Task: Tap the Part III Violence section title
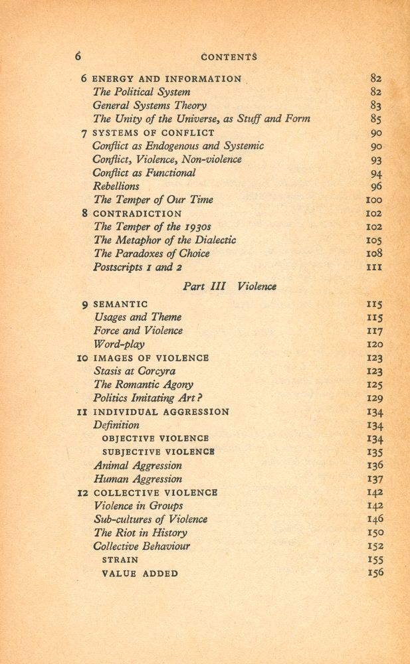point(229,286)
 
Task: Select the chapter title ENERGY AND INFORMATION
point(167,78)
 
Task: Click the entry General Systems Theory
point(150,106)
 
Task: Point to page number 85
point(375,120)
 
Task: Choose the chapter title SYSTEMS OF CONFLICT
point(154,133)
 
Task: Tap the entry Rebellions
point(116,187)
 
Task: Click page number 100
point(374,200)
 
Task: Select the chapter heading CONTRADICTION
point(137,214)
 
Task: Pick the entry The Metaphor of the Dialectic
point(164,240)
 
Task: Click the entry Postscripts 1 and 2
point(138,268)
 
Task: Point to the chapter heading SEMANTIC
point(120,304)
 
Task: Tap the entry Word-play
point(119,345)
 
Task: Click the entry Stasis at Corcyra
point(134,371)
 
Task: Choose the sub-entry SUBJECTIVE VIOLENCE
point(158,452)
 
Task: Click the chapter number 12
point(82,493)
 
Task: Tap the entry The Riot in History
point(140,533)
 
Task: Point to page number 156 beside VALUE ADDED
point(375,573)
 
